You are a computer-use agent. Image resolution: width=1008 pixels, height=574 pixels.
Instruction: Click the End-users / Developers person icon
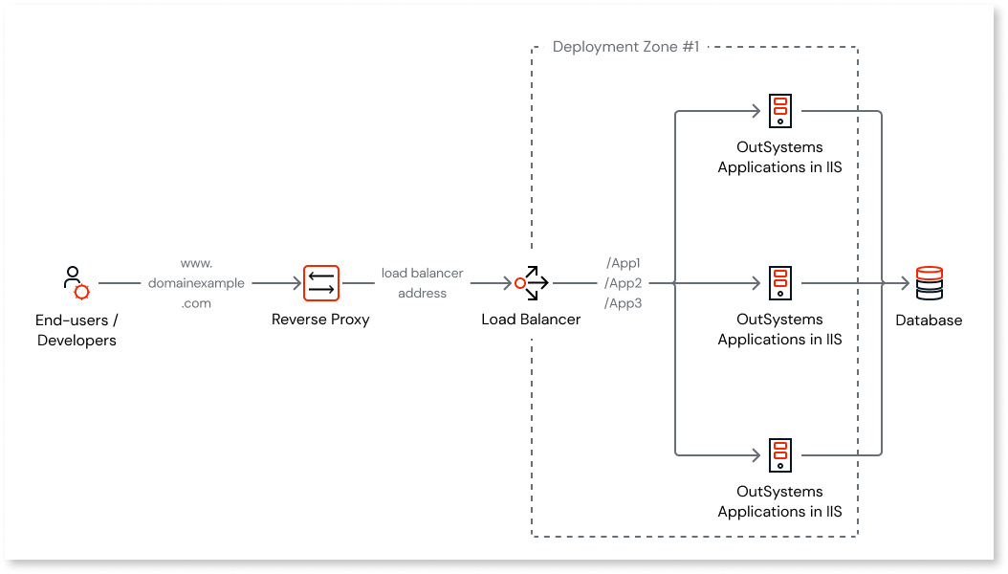pyautogui.click(x=76, y=283)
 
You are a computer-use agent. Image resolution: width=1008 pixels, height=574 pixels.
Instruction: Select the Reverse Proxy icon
pyautogui.click(x=321, y=283)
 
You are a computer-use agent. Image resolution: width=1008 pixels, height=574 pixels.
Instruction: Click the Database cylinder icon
pyautogui.click(x=929, y=283)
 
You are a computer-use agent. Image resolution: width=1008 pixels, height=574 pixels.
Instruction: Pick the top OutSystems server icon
pyautogui.click(x=780, y=111)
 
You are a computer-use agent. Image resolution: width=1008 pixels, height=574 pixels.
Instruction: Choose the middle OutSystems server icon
pyautogui.click(x=780, y=283)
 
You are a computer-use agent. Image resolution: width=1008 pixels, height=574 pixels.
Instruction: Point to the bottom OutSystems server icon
pyautogui.click(x=780, y=455)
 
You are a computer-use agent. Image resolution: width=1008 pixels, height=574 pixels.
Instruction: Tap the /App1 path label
pyautogui.click(x=624, y=263)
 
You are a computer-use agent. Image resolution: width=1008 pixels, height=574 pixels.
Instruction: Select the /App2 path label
pyautogui.click(x=624, y=283)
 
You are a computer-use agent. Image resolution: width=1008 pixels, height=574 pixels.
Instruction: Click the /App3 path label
pyautogui.click(x=624, y=303)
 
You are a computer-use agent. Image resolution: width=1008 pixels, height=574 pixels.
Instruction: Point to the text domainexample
pyautogui.click(x=196, y=283)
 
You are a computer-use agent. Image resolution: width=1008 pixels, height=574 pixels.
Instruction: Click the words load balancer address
pyautogui.click(x=422, y=283)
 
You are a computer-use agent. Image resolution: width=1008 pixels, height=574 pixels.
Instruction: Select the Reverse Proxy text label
pyautogui.click(x=320, y=320)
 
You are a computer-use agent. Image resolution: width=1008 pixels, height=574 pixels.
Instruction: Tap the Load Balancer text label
pyautogui.click(x=531, y=320)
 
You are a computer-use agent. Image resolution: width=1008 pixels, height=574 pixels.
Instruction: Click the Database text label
pyautogui.click(x=929, y=320)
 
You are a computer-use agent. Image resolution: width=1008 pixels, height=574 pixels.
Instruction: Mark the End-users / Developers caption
pyautogui.click(x=77, y=330)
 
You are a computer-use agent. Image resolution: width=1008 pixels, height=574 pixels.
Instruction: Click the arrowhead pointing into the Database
pyautogui.click(x=905, y=283)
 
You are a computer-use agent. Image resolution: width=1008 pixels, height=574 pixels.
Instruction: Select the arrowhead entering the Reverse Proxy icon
pyautogui.click(x=295, y=283)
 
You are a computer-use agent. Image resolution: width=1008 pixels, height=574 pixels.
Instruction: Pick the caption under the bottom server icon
pyautogui.click(x=779, y=501)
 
